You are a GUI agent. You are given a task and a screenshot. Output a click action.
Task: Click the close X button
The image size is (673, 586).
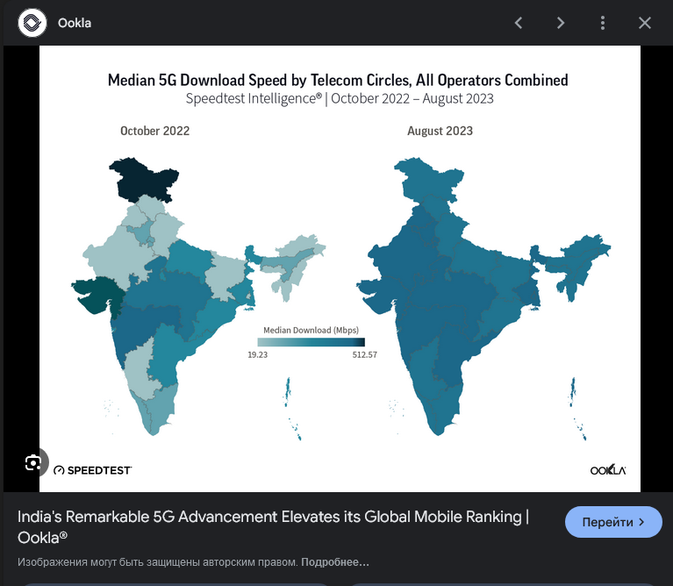pyautogui.click(x=645, y=23)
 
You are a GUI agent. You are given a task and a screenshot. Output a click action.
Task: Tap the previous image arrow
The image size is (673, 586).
pyautogui.click(x=519, y=23)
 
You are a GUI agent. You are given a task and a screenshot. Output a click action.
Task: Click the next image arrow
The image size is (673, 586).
pyautogui.click(x=561, y=23)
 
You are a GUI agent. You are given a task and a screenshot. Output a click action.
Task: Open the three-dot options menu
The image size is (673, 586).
pyautogui.click(x=603, y=23)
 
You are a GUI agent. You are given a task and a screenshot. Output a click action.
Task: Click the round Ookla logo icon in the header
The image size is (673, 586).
pyautogui.click(x=32, y=23)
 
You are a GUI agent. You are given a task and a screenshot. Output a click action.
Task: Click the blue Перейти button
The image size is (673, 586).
pyautogui.click(x=613, y=522)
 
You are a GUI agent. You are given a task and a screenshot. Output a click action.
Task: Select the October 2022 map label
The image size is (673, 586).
pyautogui.click(x=154, y=132)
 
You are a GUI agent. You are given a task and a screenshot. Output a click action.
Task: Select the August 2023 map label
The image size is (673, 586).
pyautogui.click(x=440, y=132)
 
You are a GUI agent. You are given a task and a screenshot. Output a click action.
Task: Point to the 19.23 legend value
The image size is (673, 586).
pyautogui.click(x=257, y=354)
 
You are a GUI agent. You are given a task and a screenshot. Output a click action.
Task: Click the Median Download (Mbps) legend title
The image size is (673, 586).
pyautogui.click(x=308, y=330)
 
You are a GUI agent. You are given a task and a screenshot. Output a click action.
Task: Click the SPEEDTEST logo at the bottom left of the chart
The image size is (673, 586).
pyautogui.click(x=92, y=470)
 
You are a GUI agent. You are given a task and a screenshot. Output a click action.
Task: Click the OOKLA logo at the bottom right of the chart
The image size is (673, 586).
pyautogui.click(x=607, y=470)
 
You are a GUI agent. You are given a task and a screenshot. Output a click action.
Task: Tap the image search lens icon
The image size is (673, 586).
pyautogui.click(x=33, y=462)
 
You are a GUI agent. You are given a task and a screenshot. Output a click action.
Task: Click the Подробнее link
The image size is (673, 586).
pyautogui.click(x=335, y=561)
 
